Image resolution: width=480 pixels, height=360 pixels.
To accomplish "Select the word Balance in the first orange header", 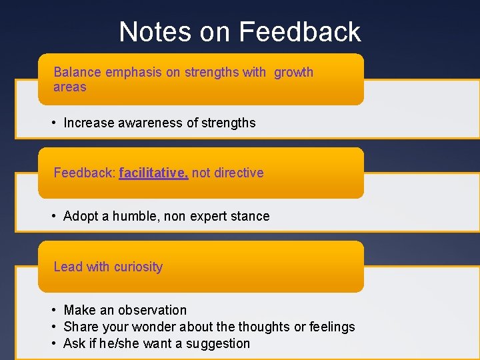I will pyautogui.click(x=75, y=72).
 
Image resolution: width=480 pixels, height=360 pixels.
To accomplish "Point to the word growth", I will pyautogui.click(x=293, y=72).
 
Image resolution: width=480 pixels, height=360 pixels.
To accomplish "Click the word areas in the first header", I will pyautogui.click(x=69, y=87).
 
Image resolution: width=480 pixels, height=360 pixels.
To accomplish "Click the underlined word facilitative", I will pyautogui.click(x=153, y=173).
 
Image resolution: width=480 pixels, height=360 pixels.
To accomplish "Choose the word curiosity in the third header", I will pyautogui.click(x=138, y=267).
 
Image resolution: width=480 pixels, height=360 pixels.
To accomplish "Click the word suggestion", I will pyautogui.click(x=219, y=344).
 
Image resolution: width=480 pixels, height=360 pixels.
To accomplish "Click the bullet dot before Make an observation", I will pyautogui.click(x=53, y=310).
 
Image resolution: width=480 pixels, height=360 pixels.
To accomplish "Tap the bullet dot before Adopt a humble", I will pyautogui.click(x=53, y=216).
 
